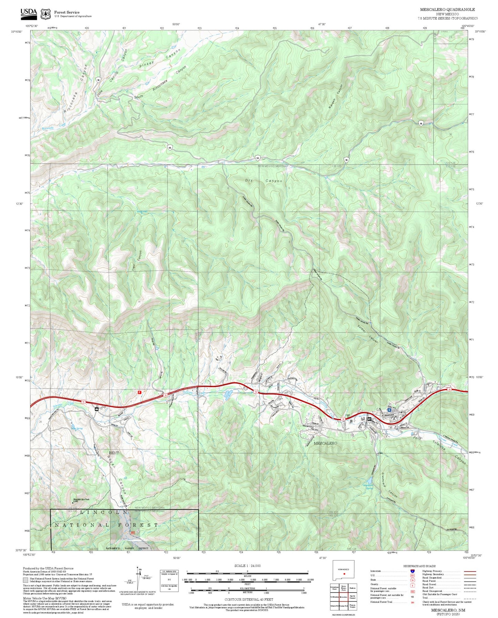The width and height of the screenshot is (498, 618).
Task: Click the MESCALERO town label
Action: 325,443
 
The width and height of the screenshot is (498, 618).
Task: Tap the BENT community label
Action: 114,453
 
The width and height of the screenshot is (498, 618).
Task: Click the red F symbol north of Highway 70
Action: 139,392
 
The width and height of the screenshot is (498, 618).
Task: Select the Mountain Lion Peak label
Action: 81,500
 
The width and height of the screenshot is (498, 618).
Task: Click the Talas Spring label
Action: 77,429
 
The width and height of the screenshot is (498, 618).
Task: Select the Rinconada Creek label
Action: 53,127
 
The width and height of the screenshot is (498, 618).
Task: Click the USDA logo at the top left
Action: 29,13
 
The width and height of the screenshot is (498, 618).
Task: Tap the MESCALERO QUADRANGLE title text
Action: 447,9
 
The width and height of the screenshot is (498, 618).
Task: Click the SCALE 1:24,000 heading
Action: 247,566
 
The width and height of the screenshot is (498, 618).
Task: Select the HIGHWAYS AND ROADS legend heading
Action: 419,566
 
